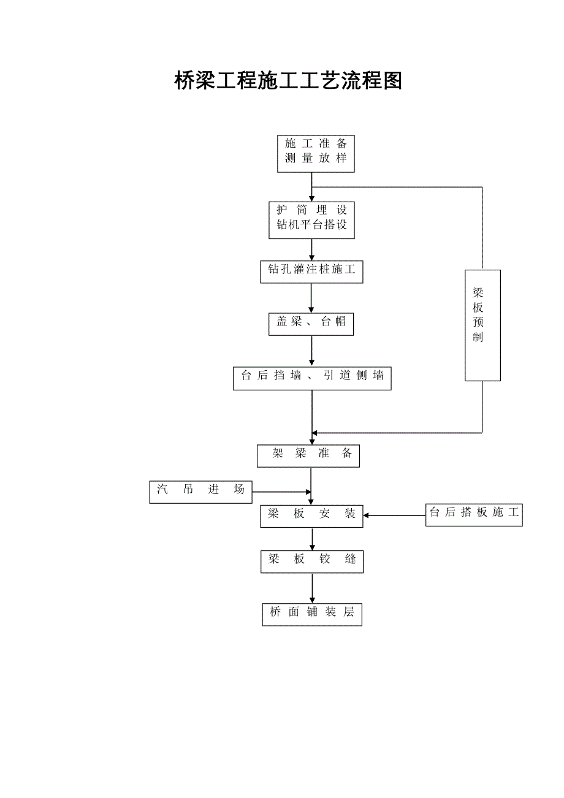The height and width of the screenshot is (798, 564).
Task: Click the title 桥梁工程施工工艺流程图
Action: click(288, 81)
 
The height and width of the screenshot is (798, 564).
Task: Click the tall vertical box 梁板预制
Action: click(482, 325)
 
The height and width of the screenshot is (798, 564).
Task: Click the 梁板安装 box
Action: click(311, 515)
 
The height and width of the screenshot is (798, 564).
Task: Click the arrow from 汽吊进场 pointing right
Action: click(281, 492)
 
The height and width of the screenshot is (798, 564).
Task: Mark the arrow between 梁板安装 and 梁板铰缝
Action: click(312, 539)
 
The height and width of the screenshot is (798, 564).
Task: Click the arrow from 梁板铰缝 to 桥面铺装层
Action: click(312, 588)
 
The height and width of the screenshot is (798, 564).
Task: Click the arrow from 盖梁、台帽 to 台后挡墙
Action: click(311, 351)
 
